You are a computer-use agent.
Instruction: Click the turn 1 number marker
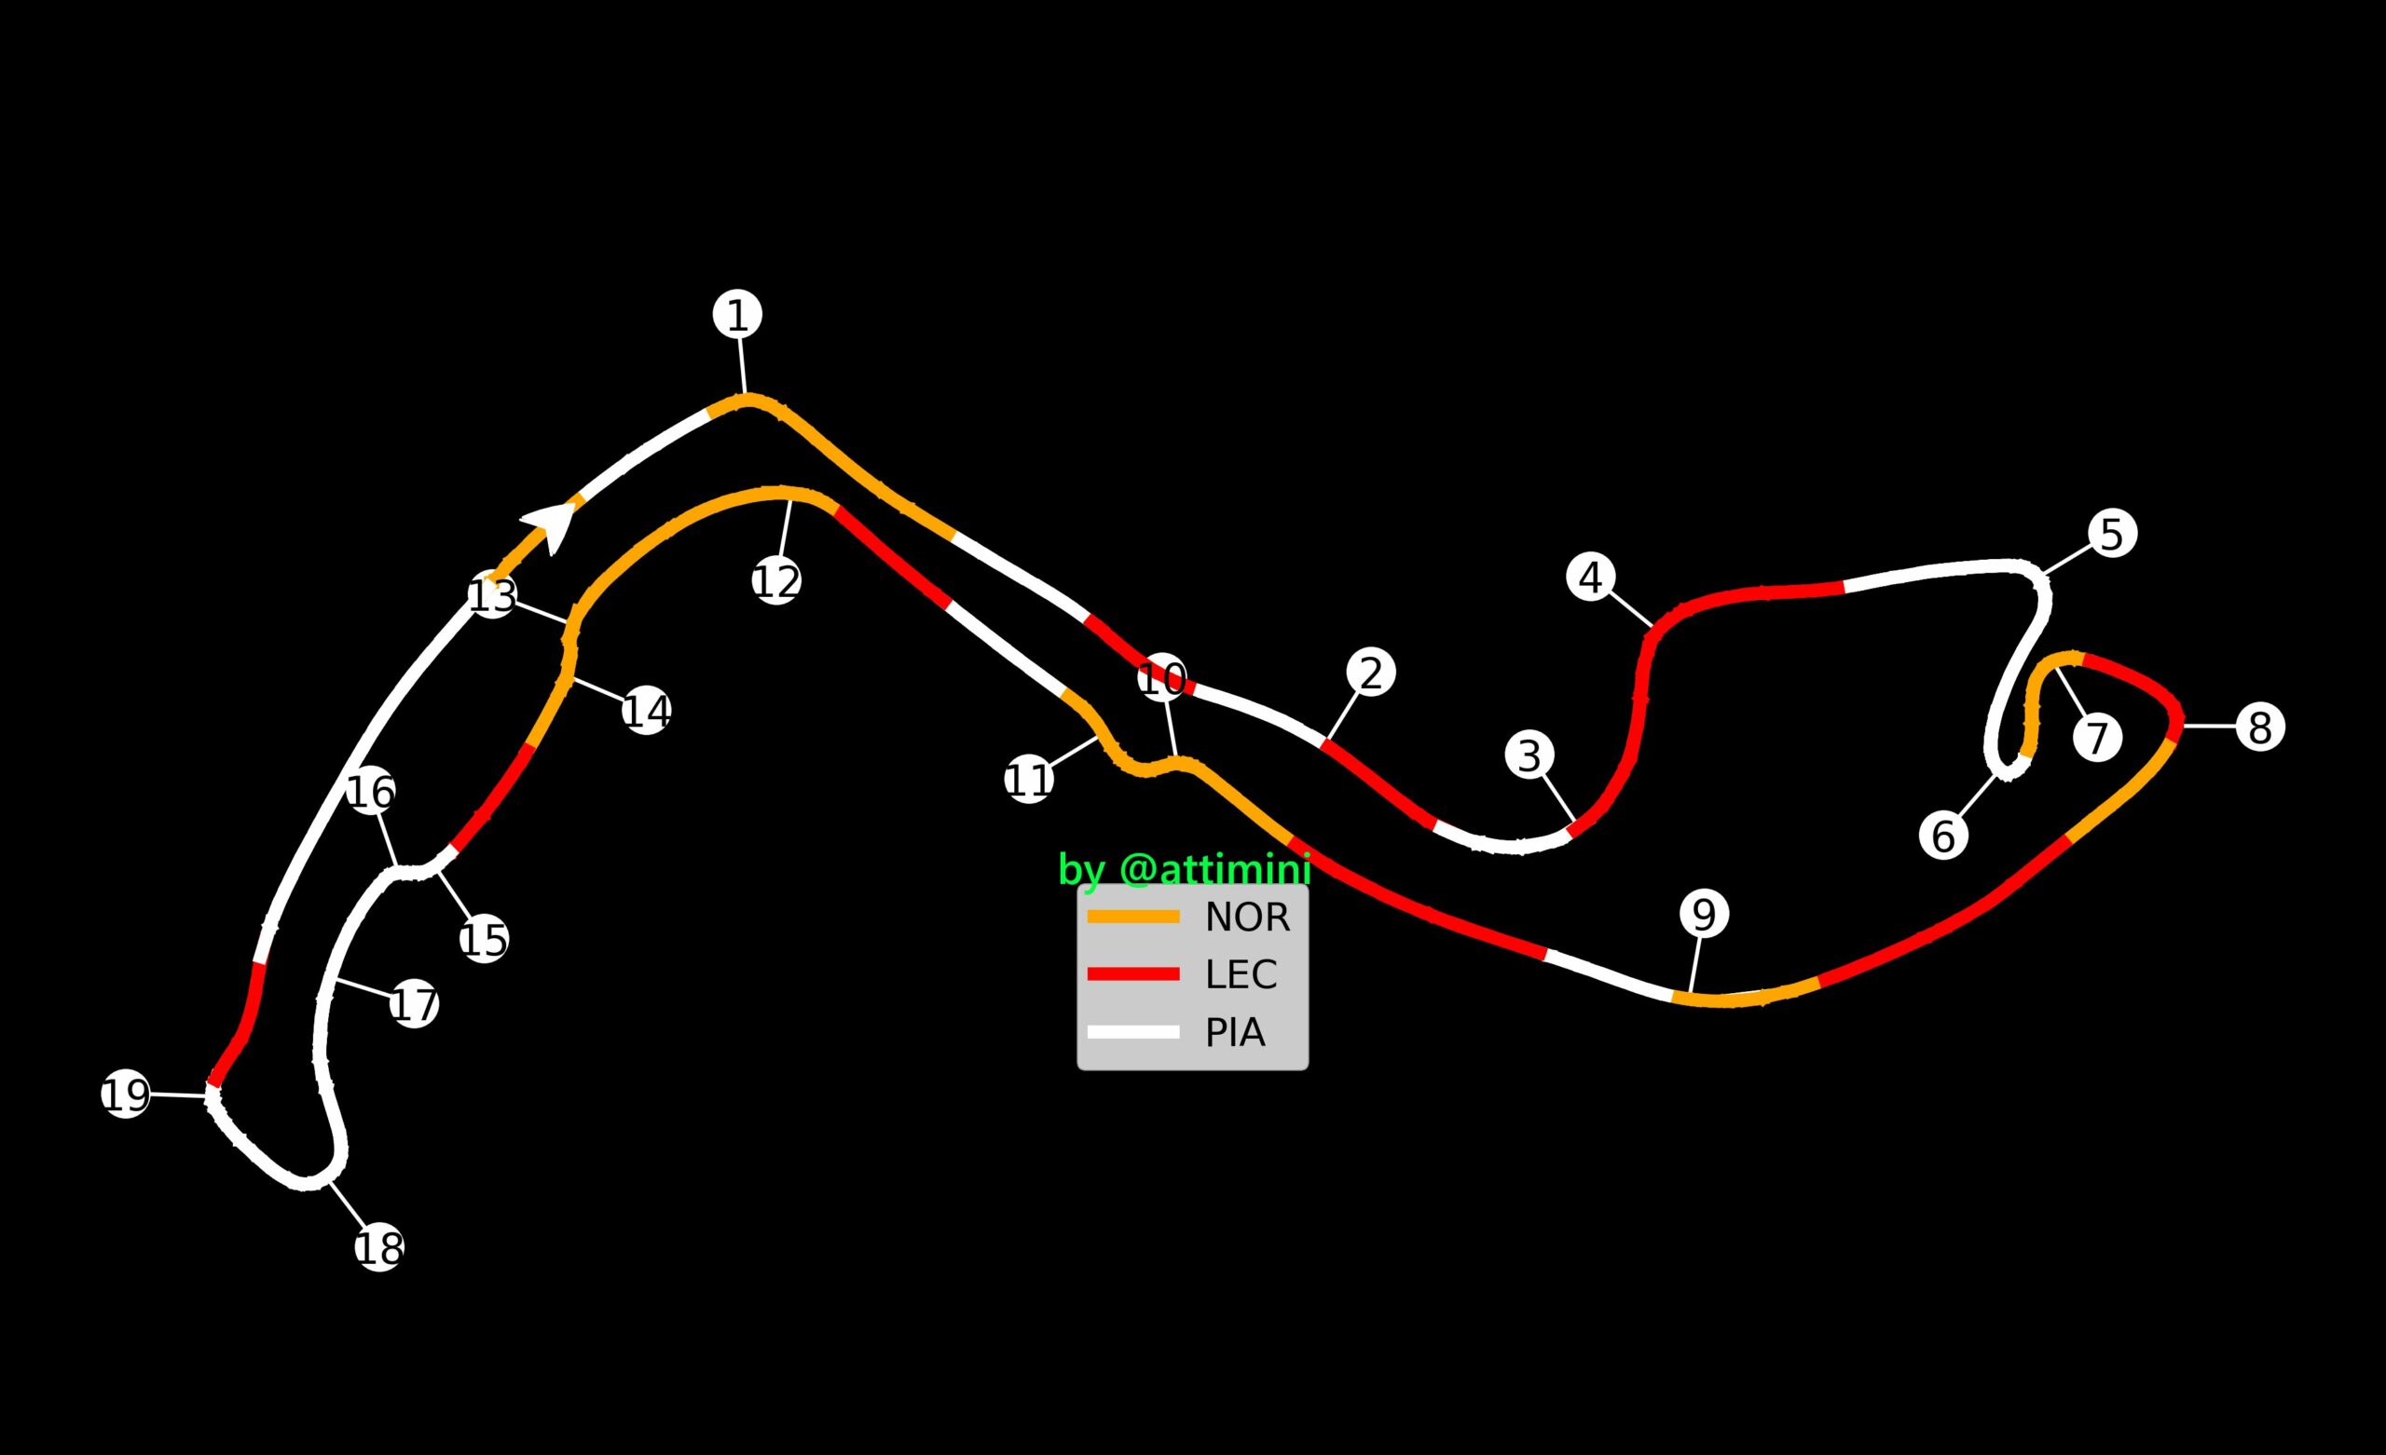(738, 315)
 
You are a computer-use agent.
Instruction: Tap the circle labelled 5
(2113, 534)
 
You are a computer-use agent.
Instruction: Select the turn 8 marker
(2261, 727)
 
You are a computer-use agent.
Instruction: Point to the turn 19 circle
(126, 1094)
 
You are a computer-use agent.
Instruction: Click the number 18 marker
(379, 1248)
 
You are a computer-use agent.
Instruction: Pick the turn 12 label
(776, 581)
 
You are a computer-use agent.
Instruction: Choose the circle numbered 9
(1705, 913)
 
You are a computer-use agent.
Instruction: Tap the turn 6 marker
(1944, 836)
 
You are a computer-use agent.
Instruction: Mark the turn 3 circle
(1530, 755)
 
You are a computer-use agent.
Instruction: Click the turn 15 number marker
(484, 939)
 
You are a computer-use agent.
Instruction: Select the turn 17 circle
(415, 1004)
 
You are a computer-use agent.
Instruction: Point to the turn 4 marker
(1591, 577)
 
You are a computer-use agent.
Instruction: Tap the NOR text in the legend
(1247, 917)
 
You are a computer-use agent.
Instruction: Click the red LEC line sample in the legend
(1133, 973)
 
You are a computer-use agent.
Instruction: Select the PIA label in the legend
(1235, 1033)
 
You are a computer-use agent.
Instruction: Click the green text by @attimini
(1185, 869)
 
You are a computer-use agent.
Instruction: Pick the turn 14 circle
(647, 711)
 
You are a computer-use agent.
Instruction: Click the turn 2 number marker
(1371, 672)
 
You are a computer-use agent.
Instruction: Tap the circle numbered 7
(2098, 737)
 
